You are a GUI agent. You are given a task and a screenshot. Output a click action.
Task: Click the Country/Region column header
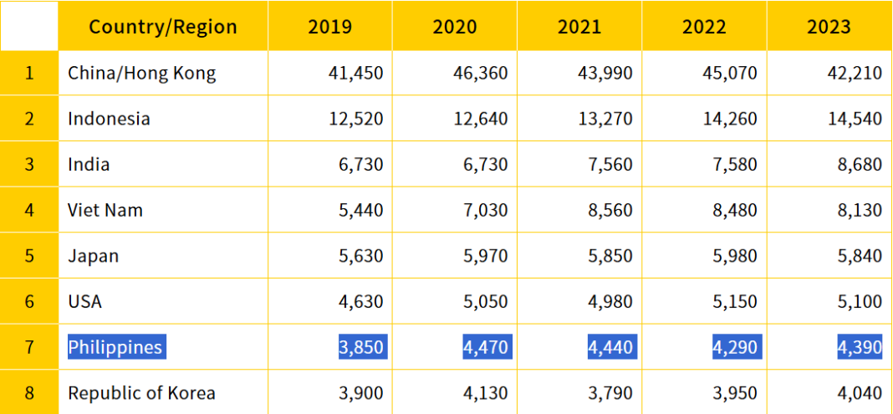click(x=163, y=26)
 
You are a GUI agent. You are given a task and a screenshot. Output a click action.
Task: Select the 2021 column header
click(x=579, y=26)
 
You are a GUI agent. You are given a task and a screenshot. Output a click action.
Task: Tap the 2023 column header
click(x=829, y=26)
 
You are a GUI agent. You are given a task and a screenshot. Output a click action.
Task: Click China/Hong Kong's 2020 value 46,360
click(x=481, y=73)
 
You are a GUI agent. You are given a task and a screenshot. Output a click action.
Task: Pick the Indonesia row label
click(x=109, y=118)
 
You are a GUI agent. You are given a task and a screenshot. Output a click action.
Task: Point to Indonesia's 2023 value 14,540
click(x=855, y=118)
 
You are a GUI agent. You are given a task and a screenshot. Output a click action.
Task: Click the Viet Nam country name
click(x=105, y=210)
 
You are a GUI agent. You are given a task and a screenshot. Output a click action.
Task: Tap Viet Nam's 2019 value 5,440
click(x=361, y=210)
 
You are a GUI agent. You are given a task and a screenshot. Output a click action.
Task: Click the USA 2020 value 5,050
click(x=486, y=301)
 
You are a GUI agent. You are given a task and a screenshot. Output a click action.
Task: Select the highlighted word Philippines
click(x=115, y=346)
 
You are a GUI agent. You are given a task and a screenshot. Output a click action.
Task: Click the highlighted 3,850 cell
click(x=361, y=346)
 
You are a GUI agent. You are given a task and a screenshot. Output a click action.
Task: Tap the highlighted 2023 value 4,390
click(x=860, y=346)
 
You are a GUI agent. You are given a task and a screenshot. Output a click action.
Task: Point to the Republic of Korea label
click(x=141, y=392)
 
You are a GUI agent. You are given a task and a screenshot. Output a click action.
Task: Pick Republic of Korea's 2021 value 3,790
click(x=610, y=392)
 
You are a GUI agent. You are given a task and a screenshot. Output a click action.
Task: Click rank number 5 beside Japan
click(x=29, y=256)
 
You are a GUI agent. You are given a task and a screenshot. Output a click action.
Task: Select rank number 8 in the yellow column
click(x=29, y=392)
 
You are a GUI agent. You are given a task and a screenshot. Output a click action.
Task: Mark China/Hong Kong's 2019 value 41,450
click(x=356, y=73)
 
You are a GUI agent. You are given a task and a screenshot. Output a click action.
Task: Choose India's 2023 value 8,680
click(x=860, y=164)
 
